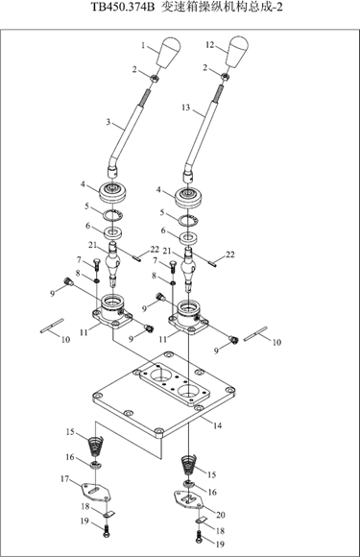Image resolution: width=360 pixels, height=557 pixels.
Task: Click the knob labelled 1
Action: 169,53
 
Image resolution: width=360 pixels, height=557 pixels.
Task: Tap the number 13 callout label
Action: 185,108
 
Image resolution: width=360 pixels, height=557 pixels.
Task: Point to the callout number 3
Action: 108,123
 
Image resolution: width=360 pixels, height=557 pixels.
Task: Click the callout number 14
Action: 217,425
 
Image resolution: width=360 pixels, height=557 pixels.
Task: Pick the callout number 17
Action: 64,479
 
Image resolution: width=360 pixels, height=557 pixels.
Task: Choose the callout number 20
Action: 221,515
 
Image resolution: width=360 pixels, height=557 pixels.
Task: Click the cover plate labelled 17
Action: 95,493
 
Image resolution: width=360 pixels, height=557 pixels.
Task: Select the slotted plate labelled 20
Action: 188,498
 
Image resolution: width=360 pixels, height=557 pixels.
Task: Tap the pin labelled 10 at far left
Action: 52,326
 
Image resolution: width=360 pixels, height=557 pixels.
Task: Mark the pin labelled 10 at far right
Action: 255,334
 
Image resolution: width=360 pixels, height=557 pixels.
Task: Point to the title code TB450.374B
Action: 123,8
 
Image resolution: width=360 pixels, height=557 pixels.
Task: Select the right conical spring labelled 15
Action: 188,465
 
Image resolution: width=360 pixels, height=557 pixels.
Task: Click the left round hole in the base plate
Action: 160,375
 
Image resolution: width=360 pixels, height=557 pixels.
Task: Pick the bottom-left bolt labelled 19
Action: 107,531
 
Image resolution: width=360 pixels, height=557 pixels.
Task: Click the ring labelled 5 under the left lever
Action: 113,215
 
